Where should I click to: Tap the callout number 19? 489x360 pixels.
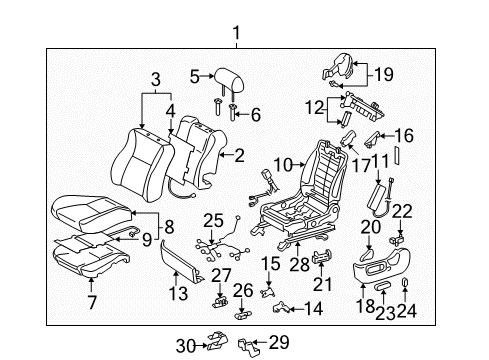[385, 72]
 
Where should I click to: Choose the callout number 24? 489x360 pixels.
[406, 312]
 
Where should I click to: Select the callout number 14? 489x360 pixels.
[315, 310]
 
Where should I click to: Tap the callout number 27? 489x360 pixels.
[221, 275]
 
